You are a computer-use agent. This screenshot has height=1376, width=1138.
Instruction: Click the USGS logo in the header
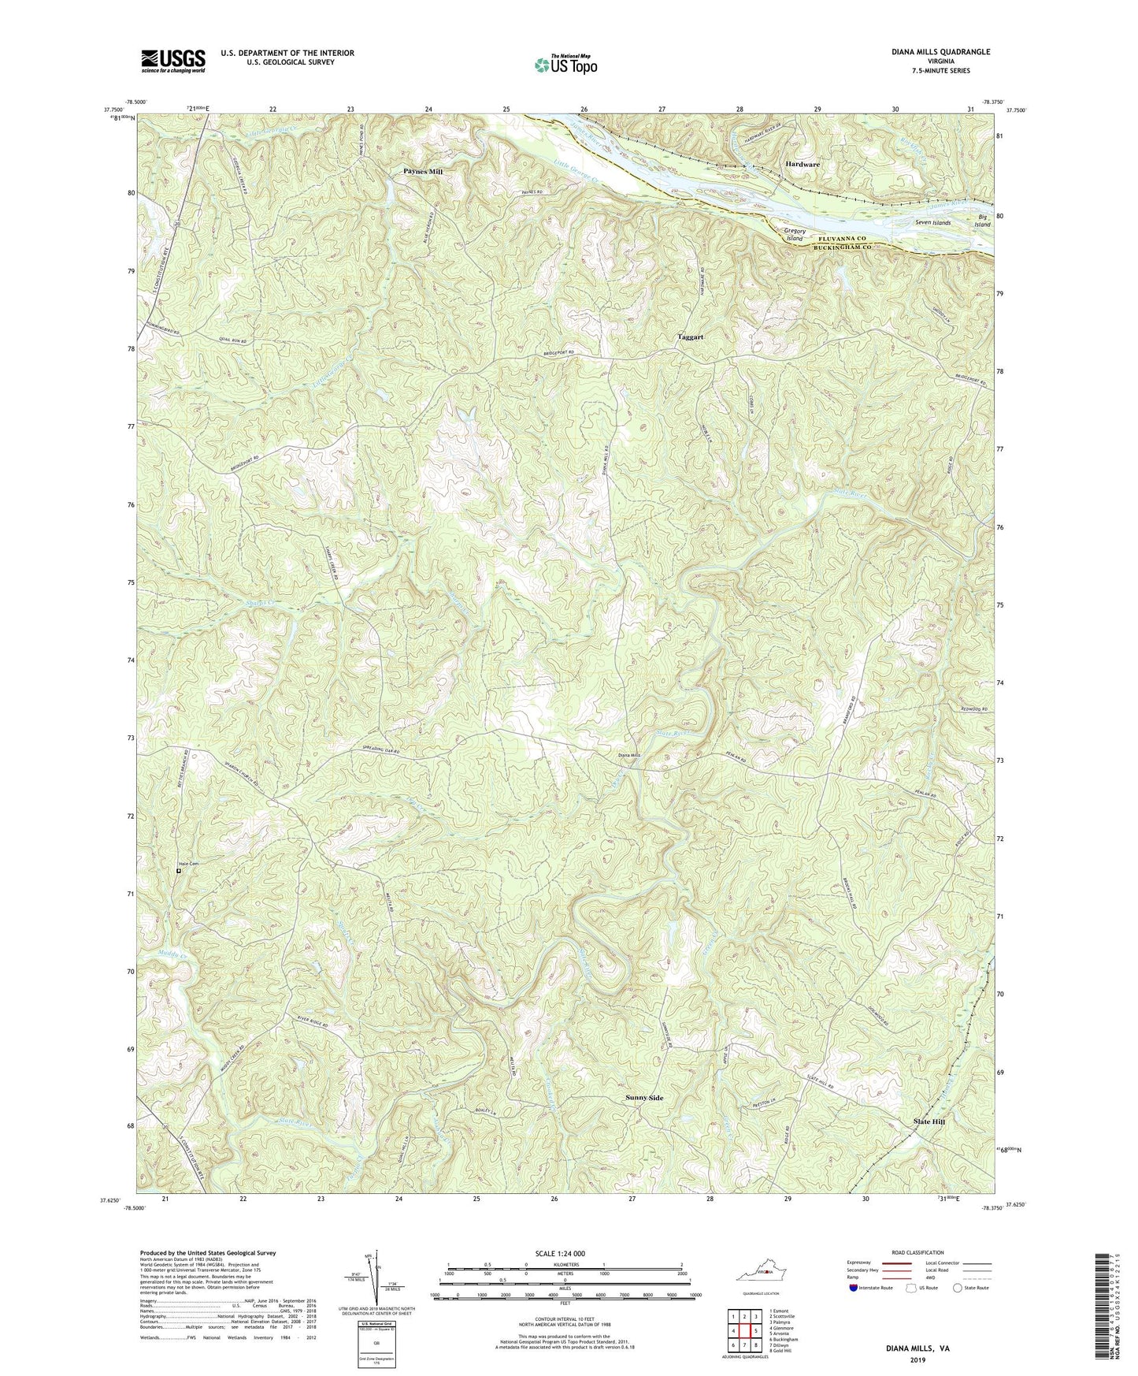173,61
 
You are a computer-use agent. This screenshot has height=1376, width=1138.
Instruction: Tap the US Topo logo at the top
565,65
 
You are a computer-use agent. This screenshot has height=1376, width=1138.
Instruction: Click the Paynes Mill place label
423,171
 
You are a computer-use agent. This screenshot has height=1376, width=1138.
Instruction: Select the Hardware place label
802,164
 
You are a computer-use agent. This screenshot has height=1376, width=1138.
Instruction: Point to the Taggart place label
691,337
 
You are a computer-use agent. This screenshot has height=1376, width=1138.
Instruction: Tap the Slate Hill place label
928,1121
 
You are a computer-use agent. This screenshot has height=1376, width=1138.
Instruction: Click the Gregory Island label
793,234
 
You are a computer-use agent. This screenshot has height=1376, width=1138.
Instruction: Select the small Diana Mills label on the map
630,755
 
